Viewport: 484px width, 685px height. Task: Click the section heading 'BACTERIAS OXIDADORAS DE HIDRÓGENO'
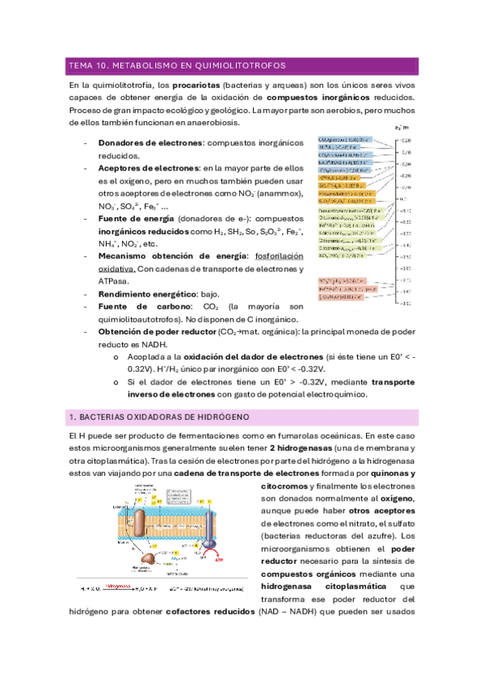coord(162,417)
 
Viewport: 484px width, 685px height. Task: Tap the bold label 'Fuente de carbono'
coord(137,307)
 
